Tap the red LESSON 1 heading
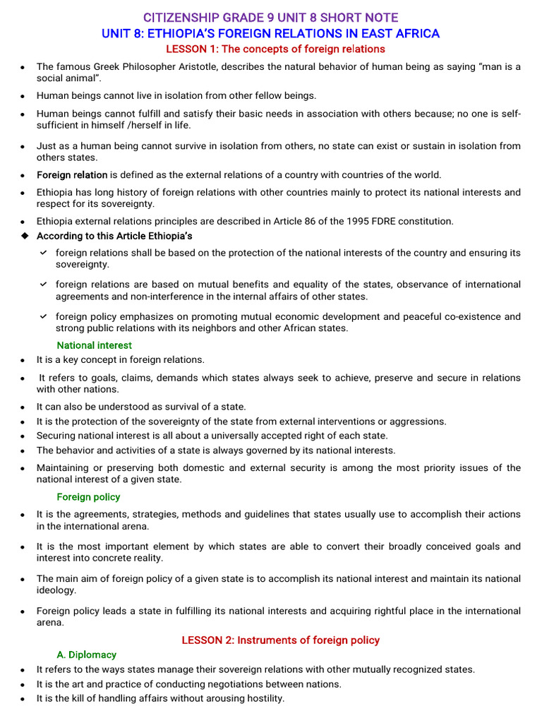275,49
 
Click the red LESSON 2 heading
280,640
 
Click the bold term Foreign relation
72,175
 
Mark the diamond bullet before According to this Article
24,236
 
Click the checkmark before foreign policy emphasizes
44,316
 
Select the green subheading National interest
94,345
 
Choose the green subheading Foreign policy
88,497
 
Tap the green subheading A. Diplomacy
86,655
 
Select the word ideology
56,590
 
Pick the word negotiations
234,684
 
